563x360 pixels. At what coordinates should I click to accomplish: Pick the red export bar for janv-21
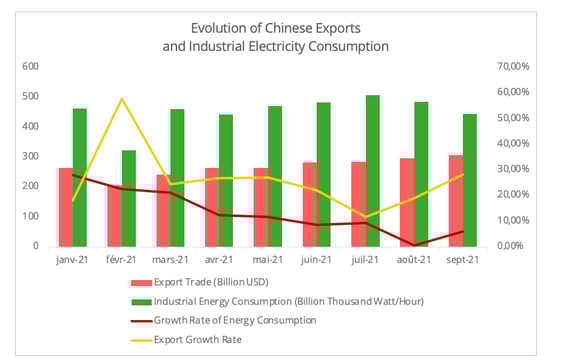66,206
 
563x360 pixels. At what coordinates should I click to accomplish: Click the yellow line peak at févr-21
121,99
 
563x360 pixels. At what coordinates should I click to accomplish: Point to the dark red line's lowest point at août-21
414,245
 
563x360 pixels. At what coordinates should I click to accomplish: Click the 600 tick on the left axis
31,66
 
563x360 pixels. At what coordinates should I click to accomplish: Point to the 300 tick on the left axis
31,156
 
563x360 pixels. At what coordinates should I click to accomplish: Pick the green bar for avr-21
226,180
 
